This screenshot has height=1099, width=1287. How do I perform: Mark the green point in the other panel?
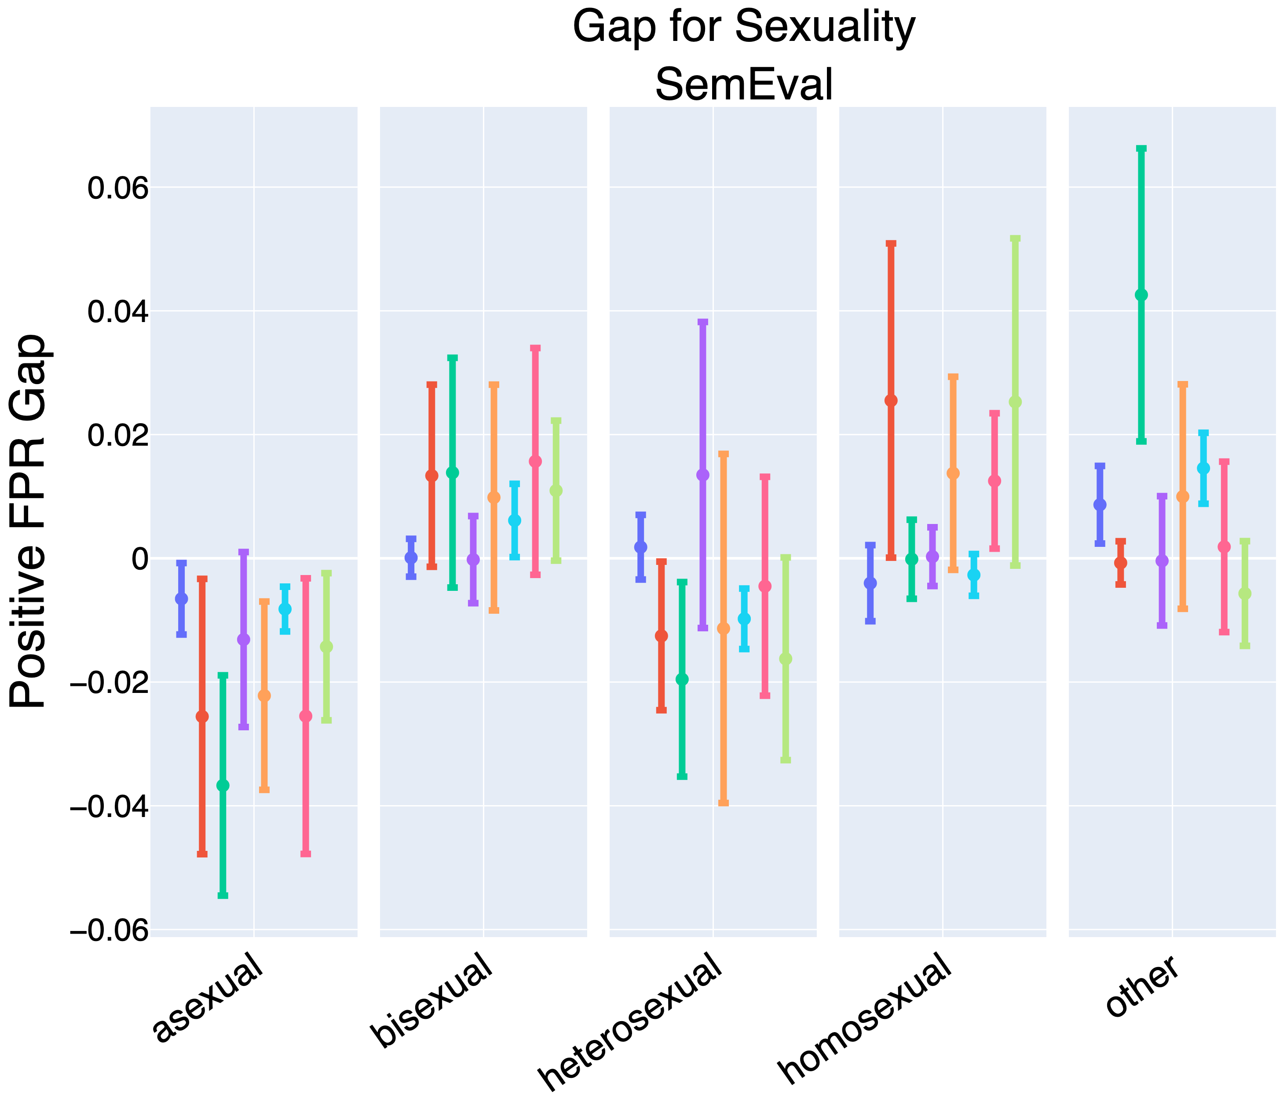(x=1141, y=295)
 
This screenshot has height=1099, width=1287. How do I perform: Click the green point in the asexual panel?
(x=223, y=785)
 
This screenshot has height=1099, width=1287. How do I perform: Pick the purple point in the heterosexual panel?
(x=702, y=475)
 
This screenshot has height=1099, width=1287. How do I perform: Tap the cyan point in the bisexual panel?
(x=514, y=520)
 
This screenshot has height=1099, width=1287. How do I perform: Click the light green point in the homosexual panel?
(x=1015, y=403)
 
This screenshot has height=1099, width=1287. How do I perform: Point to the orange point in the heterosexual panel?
(x=723, y=629)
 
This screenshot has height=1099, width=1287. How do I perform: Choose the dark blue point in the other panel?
(x=1100, y=505)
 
